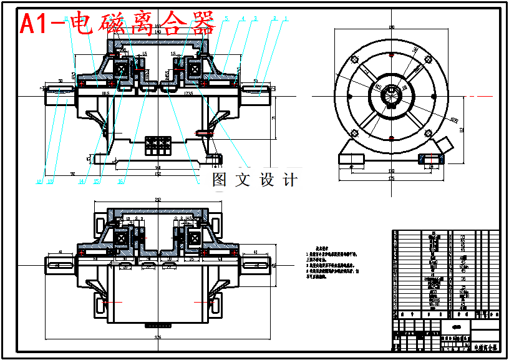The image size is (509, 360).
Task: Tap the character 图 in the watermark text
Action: tap(220, 180)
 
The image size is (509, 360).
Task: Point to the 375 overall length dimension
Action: tap(158, 338)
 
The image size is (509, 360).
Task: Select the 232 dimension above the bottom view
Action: tap(158, 200)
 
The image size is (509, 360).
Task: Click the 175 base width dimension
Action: tap(391, 179)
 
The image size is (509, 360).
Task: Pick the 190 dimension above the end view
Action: tap(392, 27)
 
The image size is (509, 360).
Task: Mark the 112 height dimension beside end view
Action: tap(462, 129)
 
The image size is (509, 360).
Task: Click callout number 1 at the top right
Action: tap(286, 19)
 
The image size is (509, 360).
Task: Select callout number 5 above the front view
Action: tap(226, 19)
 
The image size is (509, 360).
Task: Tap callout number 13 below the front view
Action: tap(50, 182)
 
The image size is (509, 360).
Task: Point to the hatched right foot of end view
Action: tap(431, 160)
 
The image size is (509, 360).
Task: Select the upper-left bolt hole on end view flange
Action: tap(355, 59)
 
